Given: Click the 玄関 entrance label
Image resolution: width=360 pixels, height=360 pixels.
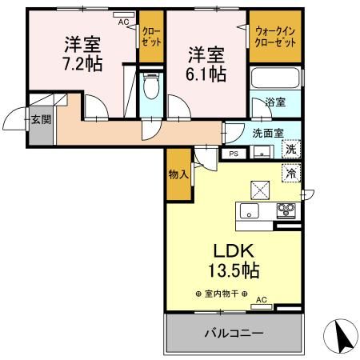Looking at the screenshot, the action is (41, 119).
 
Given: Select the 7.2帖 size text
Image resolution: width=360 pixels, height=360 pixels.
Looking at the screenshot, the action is (83, 64).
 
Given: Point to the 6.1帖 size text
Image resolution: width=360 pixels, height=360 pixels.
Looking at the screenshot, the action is (206, 74).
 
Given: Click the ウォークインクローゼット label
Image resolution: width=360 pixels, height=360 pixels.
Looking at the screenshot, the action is (275, 37).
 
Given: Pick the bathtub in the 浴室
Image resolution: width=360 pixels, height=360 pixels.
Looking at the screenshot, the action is (275, 78).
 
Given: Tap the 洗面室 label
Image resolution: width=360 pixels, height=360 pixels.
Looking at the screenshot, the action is (268, 133).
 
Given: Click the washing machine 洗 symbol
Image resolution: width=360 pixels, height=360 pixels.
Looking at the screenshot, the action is (291, 149).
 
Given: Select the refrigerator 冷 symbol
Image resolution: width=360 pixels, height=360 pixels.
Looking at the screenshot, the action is (291, 173).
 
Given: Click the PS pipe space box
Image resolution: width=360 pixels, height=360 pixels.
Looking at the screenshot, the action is (234, 154).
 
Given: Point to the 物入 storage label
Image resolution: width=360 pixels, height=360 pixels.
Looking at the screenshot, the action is (178, 174).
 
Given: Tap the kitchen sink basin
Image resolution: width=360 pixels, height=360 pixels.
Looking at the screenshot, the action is (249, 210).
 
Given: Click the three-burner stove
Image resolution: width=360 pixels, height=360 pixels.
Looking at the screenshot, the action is (286, 210).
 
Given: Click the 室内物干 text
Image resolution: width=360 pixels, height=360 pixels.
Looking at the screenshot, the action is (222, 294).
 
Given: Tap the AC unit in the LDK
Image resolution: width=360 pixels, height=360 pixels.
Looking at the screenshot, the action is (262, 306).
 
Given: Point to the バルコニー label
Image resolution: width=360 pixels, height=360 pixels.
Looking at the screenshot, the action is (234, 333).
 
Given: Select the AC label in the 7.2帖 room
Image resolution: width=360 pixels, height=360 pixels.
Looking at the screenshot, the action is (123, 22).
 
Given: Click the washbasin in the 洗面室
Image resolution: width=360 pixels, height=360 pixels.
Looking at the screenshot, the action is (262, 152).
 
